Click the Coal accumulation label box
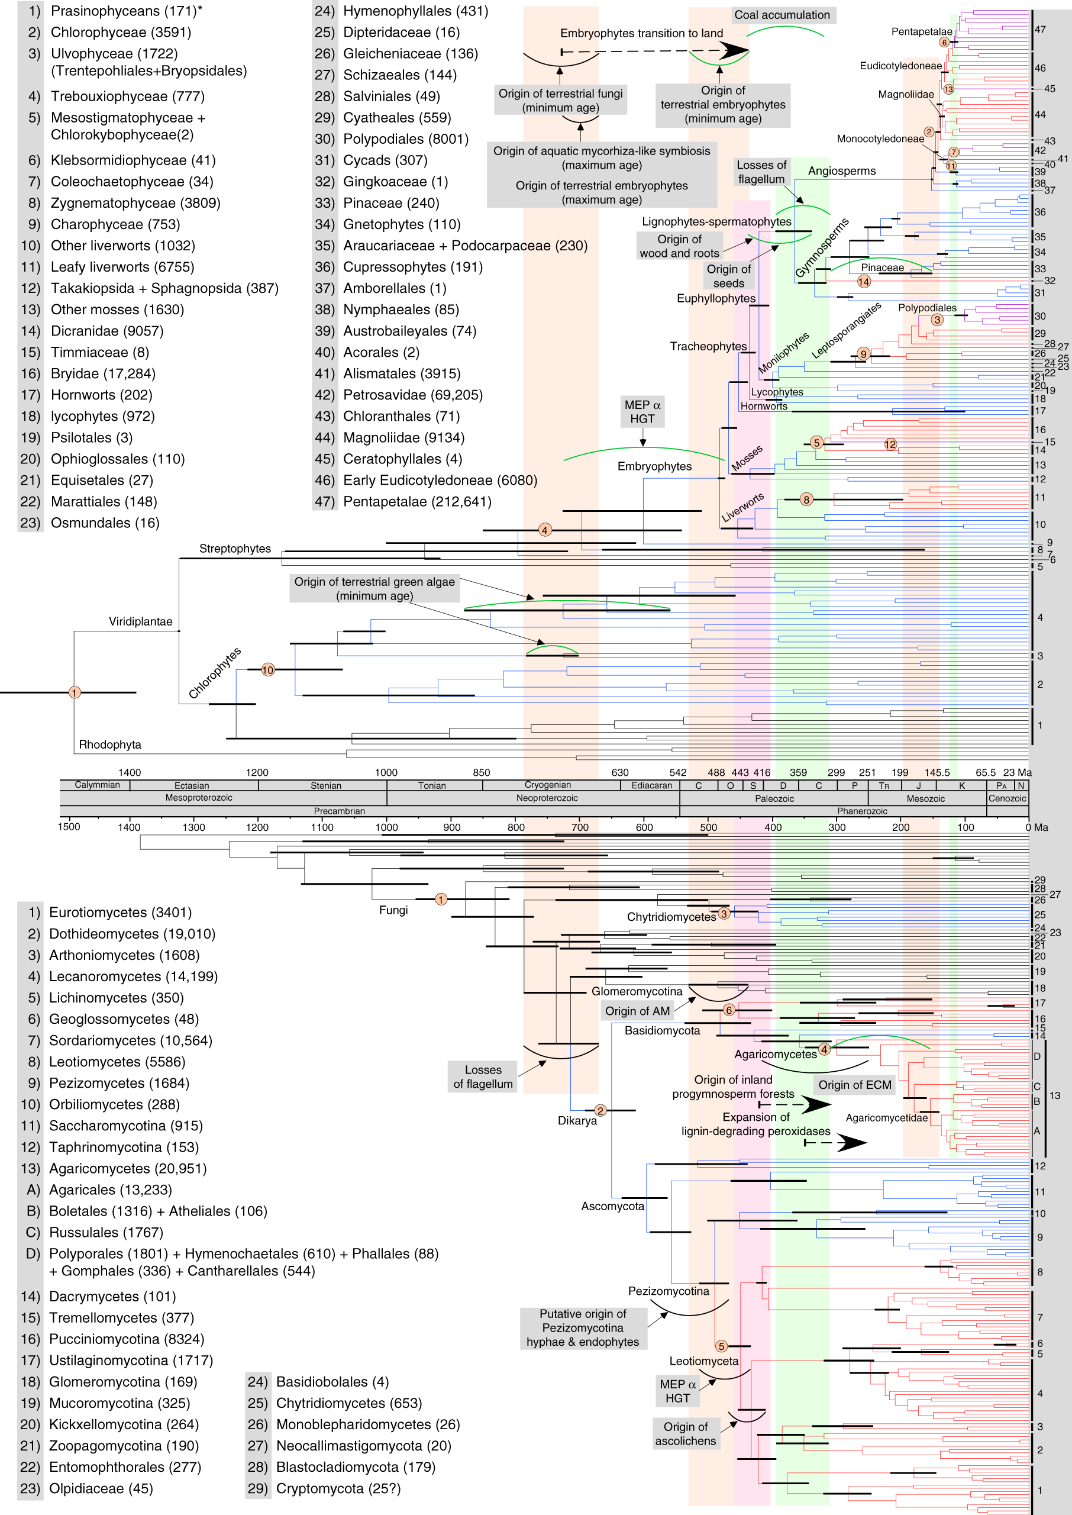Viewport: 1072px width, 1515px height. (x=782, y=15)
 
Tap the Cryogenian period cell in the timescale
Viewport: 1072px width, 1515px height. (x=548, y=785)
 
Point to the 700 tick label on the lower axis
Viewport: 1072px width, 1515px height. (x=580, y=827)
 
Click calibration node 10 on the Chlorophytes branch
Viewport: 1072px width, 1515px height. (x=267, y=670)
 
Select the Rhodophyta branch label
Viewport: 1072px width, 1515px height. (x=109, y=744)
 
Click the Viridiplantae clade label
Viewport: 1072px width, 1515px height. (x=140, y=621)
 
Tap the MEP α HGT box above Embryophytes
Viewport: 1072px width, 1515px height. (x=642, y=412)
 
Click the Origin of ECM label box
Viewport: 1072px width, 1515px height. (x=855, y=1085)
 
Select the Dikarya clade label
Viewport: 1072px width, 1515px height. (x=577, y=1120)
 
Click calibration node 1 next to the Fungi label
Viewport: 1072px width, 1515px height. (x=441, y=899)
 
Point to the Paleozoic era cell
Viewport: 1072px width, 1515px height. (x=774, y=799)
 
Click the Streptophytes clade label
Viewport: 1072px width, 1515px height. (x=235, y=549)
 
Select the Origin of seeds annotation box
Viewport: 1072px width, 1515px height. (x=729, y=276)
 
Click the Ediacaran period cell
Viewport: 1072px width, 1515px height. (x=651, y=785)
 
